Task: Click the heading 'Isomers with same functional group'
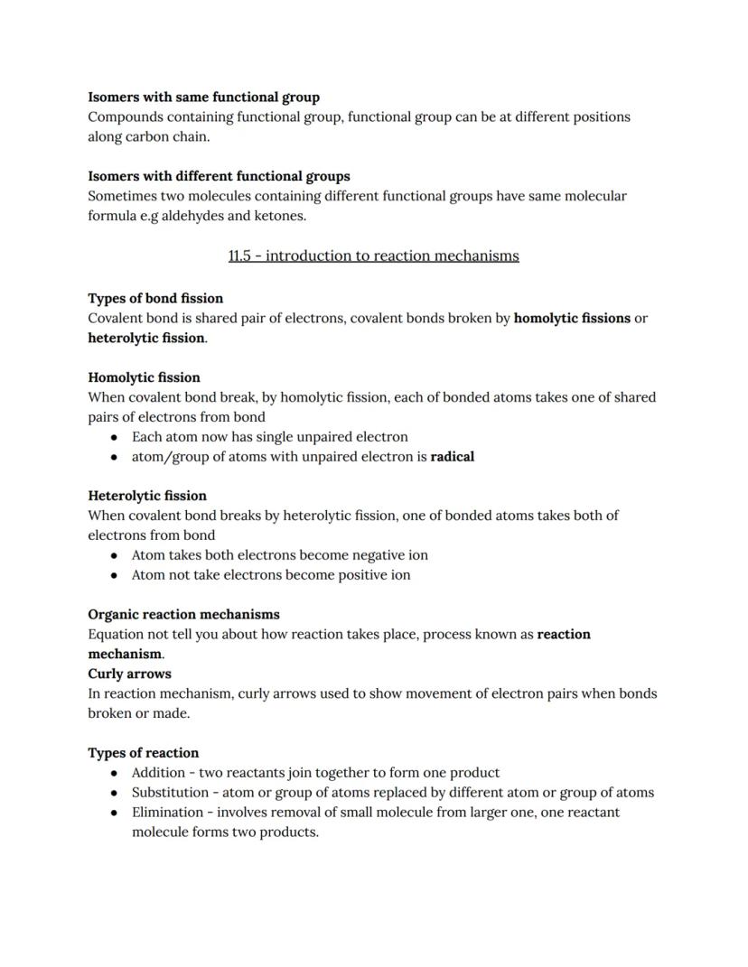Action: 203,97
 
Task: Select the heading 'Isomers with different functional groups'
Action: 219,176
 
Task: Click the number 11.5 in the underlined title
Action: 239,256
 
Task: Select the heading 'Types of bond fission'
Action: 155,298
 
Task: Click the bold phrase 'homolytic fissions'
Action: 572,318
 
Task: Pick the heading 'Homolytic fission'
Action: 144,377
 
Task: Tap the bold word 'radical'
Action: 452,456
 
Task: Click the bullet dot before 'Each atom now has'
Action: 114,437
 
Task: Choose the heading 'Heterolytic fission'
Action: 147,496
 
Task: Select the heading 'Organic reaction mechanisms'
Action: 183,614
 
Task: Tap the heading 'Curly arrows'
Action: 129,674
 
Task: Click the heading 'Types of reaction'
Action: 143,753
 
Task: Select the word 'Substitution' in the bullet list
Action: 170,793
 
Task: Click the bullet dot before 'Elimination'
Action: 114,813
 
